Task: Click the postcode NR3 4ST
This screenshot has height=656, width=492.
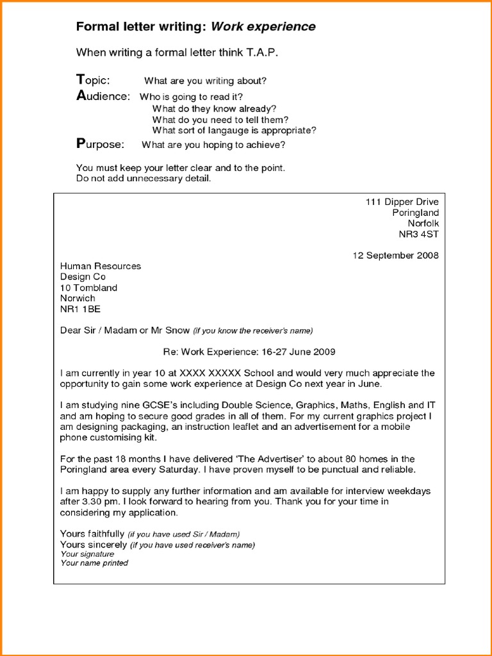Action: click(x=418, y=234)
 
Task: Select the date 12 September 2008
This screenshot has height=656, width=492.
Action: click(x=395, y=256)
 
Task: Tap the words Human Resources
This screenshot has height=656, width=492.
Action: click(x=101, y=266)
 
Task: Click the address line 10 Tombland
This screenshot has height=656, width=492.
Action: click(x=88, y=288)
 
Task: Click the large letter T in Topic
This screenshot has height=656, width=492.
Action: click(x=79, y=79)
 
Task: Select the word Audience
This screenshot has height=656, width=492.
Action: click(x=103, y=96)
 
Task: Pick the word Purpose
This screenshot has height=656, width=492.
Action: click(x=101, y=144)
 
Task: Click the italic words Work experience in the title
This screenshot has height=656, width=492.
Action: click(x=263, y=27)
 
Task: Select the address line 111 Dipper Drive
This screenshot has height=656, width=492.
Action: click(x=402, y=202)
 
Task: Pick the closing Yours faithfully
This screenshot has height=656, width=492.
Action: click(x=92, y=534)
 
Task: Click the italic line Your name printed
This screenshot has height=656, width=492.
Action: click(x=94, y=563)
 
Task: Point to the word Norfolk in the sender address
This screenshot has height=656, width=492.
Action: click(x=423, y=224)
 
